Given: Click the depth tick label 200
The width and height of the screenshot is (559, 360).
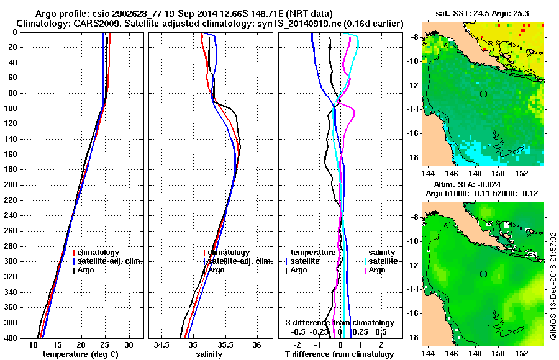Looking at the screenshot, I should pos(11,185).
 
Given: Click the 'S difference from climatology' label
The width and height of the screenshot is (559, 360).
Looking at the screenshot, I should pos(340,323).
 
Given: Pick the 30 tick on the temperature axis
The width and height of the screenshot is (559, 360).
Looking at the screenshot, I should pos(129,344).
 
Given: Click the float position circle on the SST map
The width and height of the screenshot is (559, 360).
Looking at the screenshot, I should pos(483,94).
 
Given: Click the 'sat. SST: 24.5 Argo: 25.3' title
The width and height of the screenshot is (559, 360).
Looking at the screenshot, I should pos(484,12).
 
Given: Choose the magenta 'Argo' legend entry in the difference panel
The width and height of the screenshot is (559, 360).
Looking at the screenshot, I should pos(376,270).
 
